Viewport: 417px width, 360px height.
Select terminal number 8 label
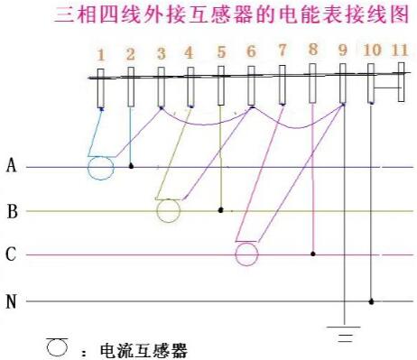312,51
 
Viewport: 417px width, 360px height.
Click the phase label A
12,165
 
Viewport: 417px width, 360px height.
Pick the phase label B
12,212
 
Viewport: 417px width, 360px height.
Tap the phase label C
12,255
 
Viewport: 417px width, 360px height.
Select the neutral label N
12,301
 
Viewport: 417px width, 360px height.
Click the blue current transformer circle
100,168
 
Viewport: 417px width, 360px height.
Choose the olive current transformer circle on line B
168,211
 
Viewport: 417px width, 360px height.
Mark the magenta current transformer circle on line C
246,254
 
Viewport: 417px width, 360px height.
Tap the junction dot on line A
132,167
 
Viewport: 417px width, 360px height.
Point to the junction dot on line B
221,210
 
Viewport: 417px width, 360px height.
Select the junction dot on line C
312,254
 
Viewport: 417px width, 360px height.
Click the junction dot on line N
372,300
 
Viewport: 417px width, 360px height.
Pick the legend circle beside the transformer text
58,345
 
